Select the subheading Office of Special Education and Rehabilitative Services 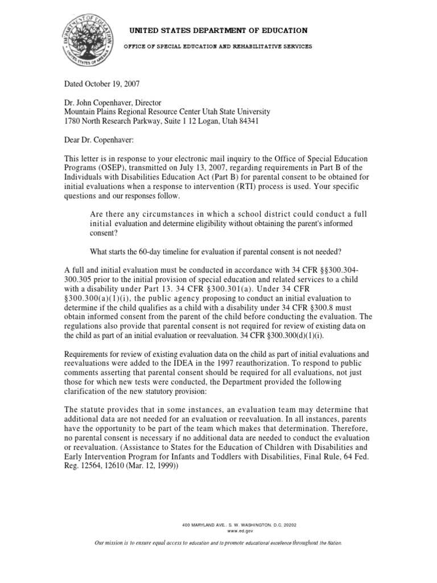click(218, 46)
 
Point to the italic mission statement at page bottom click(218, 544)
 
